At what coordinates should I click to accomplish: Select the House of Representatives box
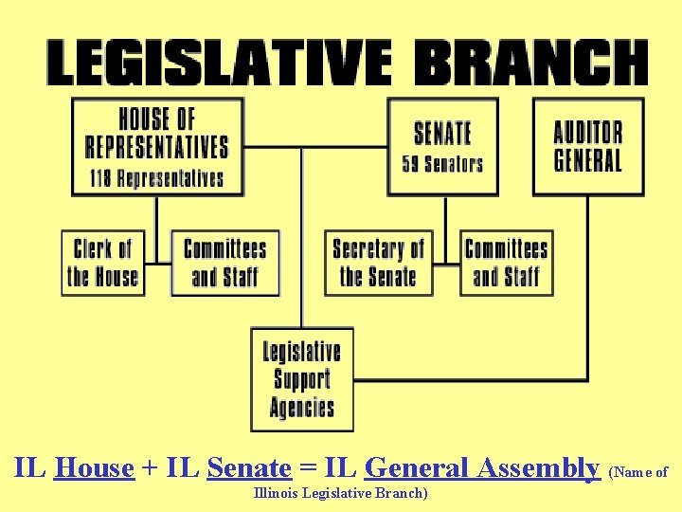pos(157,146)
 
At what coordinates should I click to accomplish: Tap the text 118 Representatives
pos(157,178)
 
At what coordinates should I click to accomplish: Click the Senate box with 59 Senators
pos(442,146)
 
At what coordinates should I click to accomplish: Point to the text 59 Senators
pos(442,163)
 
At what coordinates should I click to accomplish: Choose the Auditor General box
pos(587,146)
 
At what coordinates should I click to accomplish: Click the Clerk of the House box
pos(102,263)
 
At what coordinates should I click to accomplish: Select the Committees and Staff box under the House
pos(225,263)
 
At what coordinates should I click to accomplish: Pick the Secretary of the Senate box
pos(378,263)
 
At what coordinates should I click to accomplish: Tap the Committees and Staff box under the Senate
pos(506,263)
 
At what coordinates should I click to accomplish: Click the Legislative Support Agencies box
pos(302,379)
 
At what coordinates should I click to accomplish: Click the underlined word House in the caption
pos(94,467)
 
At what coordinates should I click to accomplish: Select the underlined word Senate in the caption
pos(248,467)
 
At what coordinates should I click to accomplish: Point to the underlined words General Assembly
pos(481,467)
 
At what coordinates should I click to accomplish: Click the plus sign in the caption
pos(150,468)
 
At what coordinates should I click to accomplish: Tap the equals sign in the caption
pos(306,468)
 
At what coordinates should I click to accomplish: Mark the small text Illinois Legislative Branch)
pos(341,493)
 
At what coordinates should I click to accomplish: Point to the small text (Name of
pos(639,471)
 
